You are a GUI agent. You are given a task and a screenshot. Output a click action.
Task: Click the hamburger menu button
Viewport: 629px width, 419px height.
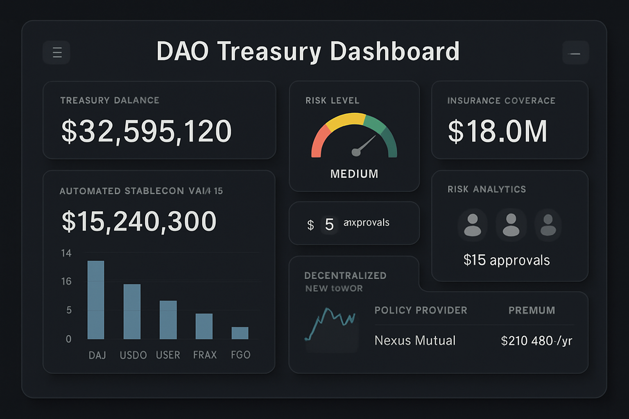57,52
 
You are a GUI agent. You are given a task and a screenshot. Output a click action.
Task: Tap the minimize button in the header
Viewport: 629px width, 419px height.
575,53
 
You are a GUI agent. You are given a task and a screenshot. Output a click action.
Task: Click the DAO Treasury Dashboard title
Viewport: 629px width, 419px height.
308,52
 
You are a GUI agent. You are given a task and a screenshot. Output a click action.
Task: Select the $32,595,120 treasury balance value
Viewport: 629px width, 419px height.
147,131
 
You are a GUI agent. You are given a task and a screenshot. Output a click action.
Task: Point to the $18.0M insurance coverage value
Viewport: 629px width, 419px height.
497,131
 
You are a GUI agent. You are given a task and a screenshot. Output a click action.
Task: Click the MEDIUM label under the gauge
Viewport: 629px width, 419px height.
354,174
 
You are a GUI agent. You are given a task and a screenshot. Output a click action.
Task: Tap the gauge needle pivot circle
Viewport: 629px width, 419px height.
356,153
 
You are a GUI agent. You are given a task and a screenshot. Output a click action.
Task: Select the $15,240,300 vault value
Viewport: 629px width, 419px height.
139,221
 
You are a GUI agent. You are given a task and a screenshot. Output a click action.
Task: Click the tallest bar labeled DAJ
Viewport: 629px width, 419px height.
96,300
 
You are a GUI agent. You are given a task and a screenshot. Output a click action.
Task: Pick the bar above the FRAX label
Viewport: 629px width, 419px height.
204,326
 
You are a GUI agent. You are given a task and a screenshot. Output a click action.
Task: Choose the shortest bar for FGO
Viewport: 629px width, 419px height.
240,333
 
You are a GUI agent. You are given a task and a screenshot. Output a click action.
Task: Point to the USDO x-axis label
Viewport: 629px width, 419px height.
133,355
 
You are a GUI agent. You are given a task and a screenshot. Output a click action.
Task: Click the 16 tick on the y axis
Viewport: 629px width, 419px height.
66,282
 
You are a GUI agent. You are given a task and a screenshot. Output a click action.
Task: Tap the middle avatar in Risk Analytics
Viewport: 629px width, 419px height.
511,225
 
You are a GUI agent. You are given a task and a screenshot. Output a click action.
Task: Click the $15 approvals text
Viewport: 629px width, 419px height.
507,260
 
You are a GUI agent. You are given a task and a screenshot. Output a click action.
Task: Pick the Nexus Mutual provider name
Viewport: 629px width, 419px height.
415,340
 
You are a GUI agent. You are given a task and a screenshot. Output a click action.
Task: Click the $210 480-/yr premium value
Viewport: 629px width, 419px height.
536,340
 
